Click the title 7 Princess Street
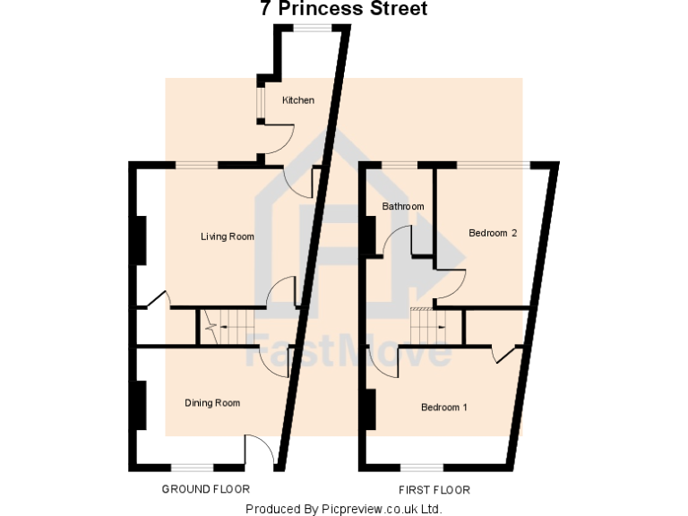[343, 10]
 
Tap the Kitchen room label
[298, 100]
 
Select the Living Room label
[227, 237]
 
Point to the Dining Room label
[212, 403]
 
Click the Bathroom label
[402, 207]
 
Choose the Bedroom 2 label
[493, 234]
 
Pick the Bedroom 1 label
[444, 408]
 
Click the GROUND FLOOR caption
[205, 489]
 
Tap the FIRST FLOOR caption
[434, 490]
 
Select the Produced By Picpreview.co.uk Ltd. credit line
[344, 509]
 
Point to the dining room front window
[193, 467]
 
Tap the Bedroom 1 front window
[421, 467]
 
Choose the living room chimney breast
[141, 240]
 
